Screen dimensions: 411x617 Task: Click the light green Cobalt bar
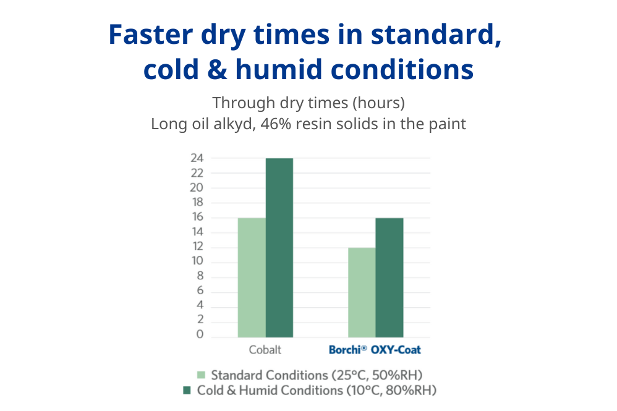point(252,278)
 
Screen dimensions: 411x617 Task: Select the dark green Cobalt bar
point(279,247)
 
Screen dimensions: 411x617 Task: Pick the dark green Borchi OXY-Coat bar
point(389,278)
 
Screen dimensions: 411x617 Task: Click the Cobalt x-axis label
point(265,350)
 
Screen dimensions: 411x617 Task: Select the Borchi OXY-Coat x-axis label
point(375,350)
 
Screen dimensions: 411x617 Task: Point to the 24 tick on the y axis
point(197,158)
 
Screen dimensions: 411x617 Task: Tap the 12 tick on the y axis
point(197,247)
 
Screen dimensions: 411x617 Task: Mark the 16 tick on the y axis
point(197,218)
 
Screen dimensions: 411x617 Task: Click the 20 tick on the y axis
point(197,188)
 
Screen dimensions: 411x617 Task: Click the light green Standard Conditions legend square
point(201,375)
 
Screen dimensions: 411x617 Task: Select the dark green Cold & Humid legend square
point(187,391)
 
